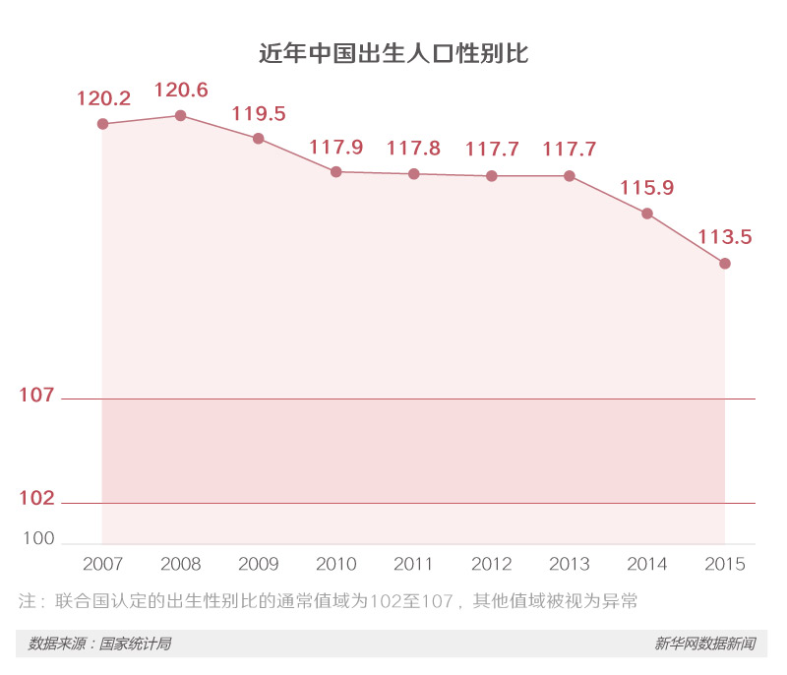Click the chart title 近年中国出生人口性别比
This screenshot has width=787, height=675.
pos(393,53)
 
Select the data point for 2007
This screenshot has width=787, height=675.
pos(102,124)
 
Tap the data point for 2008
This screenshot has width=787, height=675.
pos(180,116)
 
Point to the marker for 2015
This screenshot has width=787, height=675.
pos(725,264)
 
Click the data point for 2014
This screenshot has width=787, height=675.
pos(647,214)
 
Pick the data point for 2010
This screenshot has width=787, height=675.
pos(335,172)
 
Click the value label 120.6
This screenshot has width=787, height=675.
pos(181,90)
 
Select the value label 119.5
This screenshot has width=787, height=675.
pos(259,113)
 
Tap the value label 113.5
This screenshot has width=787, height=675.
pos(725,236)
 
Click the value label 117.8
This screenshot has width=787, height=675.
pos(413,148)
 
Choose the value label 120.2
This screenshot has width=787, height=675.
pos(103,98)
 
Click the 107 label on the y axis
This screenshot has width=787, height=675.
pos(36,396)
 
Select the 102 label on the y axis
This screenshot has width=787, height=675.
pos(36,499)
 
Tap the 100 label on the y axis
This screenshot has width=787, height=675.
pos(38,539)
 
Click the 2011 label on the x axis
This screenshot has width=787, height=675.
pos(413,564)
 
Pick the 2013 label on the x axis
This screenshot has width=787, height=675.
pos(570,564)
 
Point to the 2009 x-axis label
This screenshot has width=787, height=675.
pos(259,564)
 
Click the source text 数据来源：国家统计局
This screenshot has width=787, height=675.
pos(99,644)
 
